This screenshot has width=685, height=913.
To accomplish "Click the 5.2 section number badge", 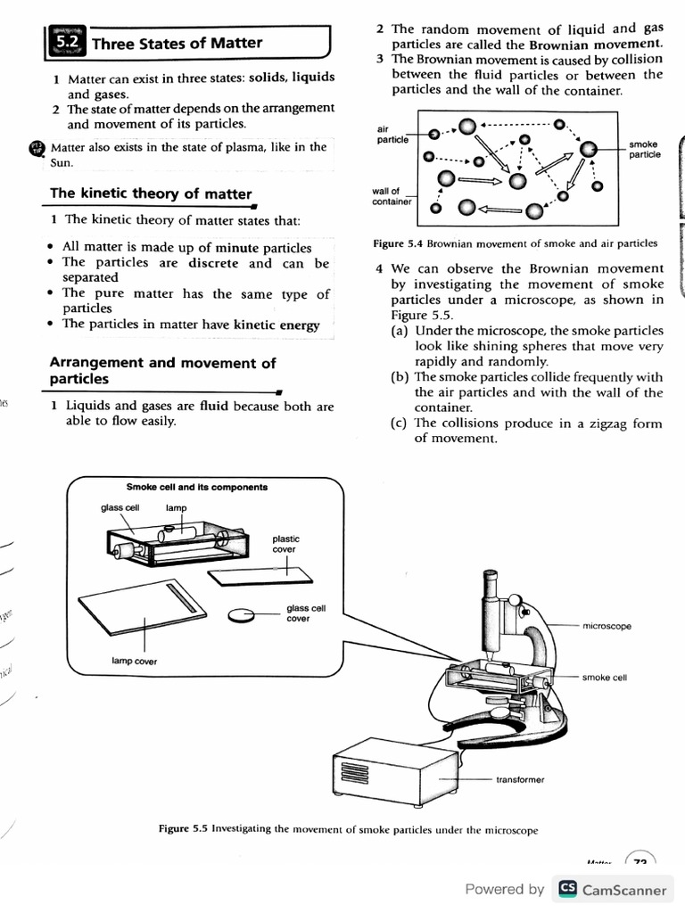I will (x=67, y=43).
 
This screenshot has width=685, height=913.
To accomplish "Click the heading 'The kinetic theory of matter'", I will (x=151, y=193).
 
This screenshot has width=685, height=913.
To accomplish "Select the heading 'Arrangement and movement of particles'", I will (x=162, y=371).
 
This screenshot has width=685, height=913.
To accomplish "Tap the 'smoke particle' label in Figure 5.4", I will (x=644, y=149).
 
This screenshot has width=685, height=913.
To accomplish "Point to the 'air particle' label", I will (x=391, y=135).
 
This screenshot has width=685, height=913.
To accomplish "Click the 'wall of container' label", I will (x=392, y=196).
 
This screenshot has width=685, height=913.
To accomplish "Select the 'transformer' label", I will (x=519, y=779).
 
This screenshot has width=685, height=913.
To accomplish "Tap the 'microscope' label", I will (x=607, y=626).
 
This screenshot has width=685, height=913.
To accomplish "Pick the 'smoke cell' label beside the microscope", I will (x=605, y=678).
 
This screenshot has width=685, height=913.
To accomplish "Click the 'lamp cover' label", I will (x=134, y=662).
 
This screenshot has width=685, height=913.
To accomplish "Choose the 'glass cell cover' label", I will (x=306, y=613).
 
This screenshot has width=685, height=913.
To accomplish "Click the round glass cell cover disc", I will (x=241, y=613).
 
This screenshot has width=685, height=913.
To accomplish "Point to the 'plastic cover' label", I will (x=285, y=544).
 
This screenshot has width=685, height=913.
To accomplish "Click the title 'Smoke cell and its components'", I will (x=196, y=488).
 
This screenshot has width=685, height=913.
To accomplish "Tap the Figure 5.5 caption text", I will (x=348, y=829).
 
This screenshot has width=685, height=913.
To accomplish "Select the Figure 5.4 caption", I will (x=515, y=243).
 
